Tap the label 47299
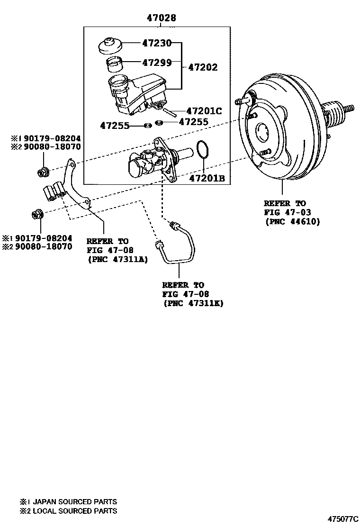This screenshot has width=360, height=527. [157, 62]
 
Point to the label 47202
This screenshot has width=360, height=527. [203, 67]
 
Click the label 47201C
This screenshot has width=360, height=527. [204, 111]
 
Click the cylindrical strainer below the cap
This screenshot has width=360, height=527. [114, 63]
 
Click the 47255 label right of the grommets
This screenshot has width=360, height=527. [193, 122]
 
